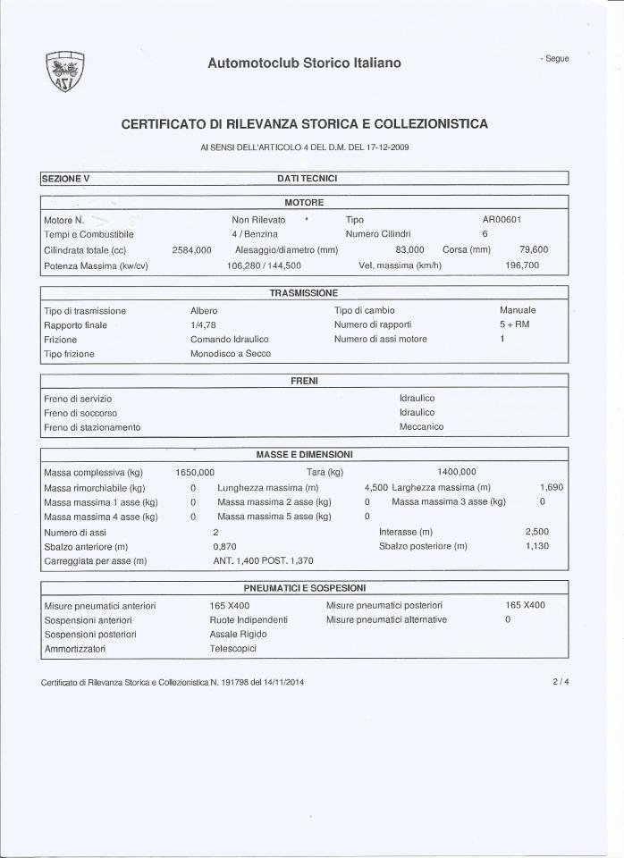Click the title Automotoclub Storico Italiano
(x=304, y=63)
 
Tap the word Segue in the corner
(x=554, y=58)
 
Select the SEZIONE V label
(x=67, y=179)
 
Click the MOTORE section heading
(x=304, y=203)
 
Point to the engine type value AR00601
(x=502, y=219)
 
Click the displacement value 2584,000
(x=191, y=250)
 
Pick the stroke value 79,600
(x=534, y=250)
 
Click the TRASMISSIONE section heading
(x=304, y=293)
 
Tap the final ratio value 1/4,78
(x=204, y=324)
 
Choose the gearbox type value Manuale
(x=518, y=309)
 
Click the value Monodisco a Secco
(x=231, y=354)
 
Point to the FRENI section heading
(x=304, y=381)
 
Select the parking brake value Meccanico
(x=421, y=427)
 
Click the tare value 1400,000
(x=457, y=472)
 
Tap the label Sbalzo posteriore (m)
(x=423, y=545)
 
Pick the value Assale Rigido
(x=238, y=634)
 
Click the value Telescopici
(x=233, y=649)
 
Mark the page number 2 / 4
(x=561, y=682)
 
